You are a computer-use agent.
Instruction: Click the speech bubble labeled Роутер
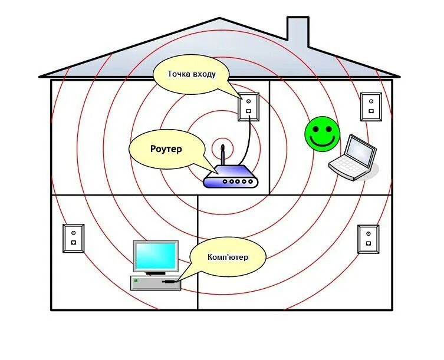pyautogui.click(x=165, y=149)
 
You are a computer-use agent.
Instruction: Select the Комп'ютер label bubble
pyautogui.click(x=227, y=257)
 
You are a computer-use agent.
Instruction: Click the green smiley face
pyautogui.click(x=322, y=134)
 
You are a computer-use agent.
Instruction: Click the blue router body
pyautogui.click(x=231, y=179)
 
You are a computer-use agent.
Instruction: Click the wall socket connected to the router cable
pyautogui.click(x=248, y=107)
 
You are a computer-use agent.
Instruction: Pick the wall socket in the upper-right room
pyautogui.click(x=371, y=107)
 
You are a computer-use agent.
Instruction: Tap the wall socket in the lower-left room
pyautogui.click(x=74, y=239)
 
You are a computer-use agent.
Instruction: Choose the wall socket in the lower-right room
pyautogui.click(x=368, y=239)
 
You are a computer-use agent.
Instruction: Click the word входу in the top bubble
pyautogui.click(x=203, y=74)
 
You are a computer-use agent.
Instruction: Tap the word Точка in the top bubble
pyautogui.click(x=179, y=74)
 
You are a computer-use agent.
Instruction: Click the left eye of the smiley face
pyautogui.click(x=317, y=128)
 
